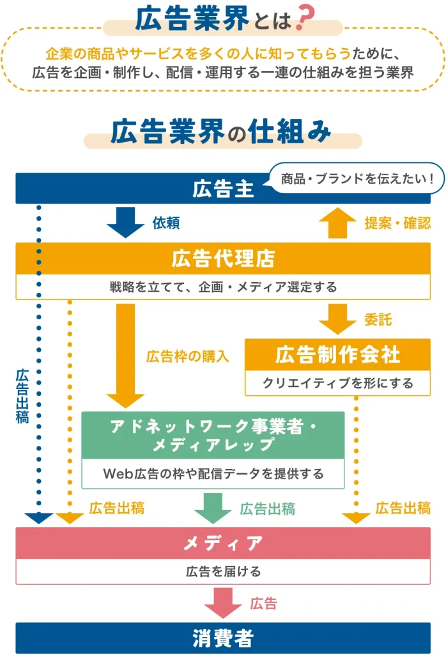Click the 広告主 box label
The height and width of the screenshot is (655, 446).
point(223,189)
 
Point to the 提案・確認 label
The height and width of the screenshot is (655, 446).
point(397,223)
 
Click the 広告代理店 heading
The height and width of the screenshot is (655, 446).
point(223,259)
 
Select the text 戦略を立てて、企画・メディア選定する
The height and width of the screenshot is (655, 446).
point(223,287)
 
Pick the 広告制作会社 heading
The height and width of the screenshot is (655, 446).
point(338,354)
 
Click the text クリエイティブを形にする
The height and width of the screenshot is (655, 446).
point(338,383)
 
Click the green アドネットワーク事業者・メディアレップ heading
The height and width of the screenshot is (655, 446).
point(213,436)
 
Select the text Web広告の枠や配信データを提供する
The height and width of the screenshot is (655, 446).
point(213,474)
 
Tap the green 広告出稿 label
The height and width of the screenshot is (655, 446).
point(267,509)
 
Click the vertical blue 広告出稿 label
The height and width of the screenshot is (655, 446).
point(22,396)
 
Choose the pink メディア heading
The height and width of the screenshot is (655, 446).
point(223,544)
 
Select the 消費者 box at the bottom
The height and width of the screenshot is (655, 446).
point(223,638)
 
